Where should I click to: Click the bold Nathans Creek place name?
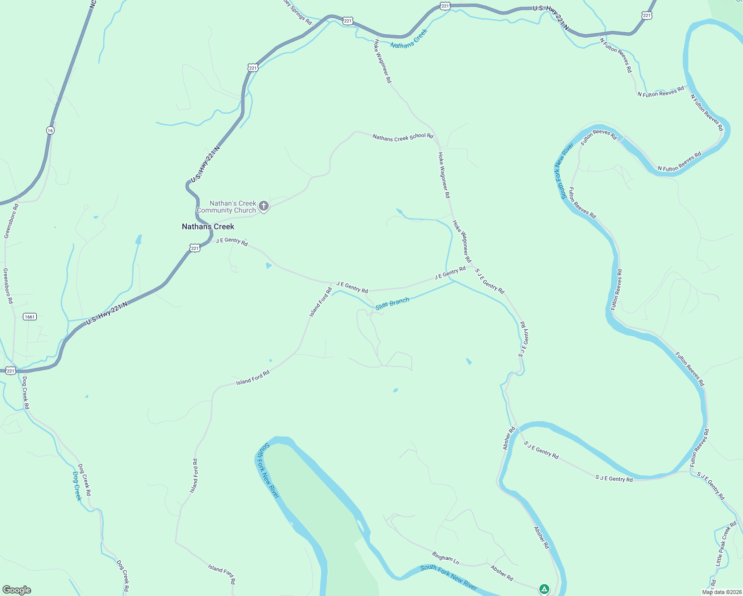click(208, 226)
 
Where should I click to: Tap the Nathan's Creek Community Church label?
click(226, 207)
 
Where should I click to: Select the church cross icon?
click(264, 206)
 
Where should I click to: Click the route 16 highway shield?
click(50, 130)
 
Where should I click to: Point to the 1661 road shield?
click(30, 316)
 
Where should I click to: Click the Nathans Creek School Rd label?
click(403, 137)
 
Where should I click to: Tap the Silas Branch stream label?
click(392, 303)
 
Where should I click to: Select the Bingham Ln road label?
click(446, 558)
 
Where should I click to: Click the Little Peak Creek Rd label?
click(726, 544)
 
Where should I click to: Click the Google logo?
click(17, 590)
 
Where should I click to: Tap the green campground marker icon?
click(544, 589)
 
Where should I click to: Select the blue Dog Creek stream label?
click(77, 486)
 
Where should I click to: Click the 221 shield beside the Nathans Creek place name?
click(195, 248)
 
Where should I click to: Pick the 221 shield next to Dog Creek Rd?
click(10, 371)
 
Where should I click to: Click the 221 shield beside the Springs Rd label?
click(348, 20)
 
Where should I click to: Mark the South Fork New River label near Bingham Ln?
click(448, 577)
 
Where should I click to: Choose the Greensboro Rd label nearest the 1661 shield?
click(8, 286)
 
